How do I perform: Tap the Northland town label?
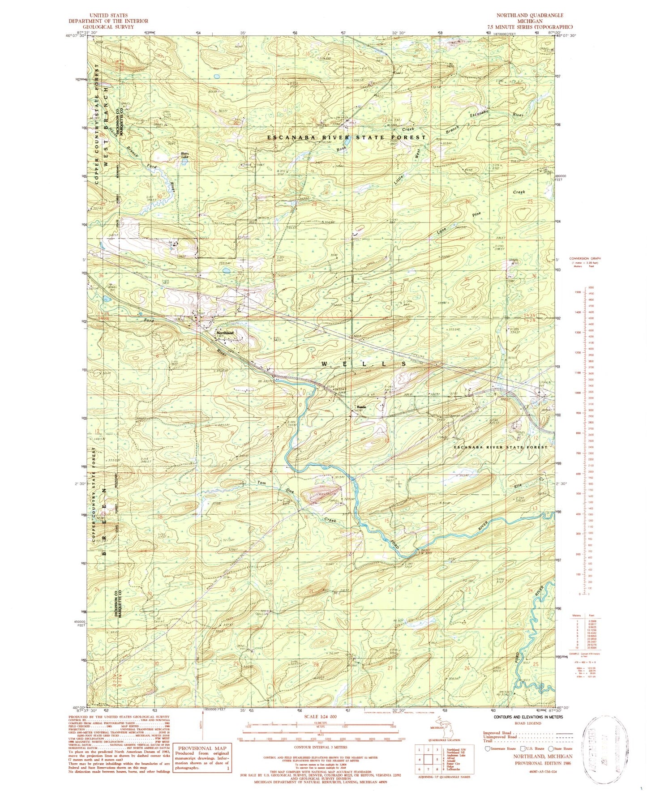click(x=225, y=333)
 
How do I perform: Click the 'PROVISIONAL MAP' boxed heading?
click(x=202, y=748)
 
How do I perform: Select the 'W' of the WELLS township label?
click(x=324, y=364)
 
